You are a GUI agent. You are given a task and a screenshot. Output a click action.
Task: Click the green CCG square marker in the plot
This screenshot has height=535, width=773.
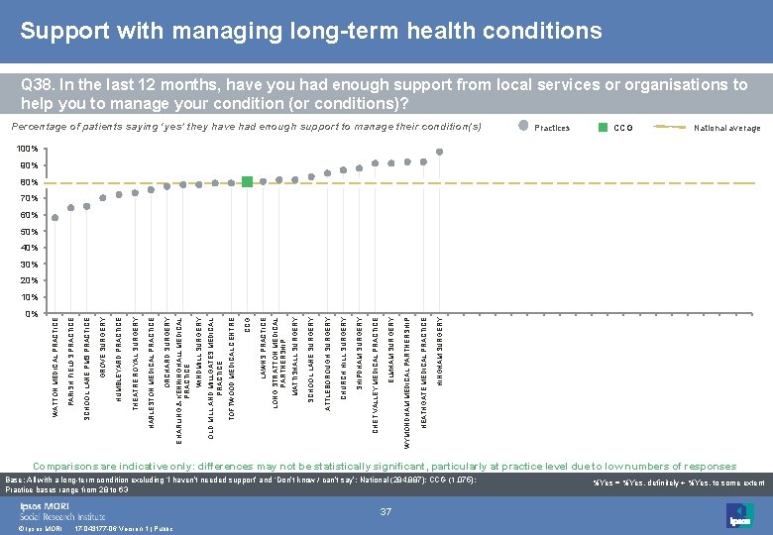click(x=248, y=181)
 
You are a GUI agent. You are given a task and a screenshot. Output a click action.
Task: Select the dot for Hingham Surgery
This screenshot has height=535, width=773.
click(x=439, y=152)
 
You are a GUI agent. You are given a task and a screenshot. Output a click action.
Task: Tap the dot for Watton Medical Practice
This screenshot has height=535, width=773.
click(x=55, y=218)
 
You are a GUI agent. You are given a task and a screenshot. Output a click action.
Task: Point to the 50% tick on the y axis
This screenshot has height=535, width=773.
click(x=30, y=232)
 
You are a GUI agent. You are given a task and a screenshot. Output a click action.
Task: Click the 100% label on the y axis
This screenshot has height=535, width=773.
click(x=28, y=150)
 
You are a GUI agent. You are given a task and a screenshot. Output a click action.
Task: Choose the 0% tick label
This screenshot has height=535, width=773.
click(x=32, y=313)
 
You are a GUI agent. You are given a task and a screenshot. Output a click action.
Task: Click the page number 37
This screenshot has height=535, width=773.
click(x=386, y=511)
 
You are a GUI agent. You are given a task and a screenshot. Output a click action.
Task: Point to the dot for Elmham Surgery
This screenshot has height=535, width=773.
click(x=391, y=163)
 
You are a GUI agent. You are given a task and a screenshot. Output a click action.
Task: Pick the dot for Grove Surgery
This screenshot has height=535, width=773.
click(x=103, y=196)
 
